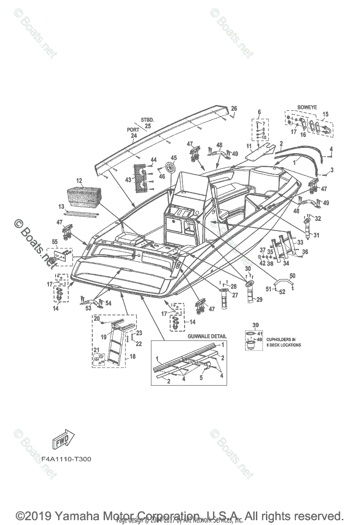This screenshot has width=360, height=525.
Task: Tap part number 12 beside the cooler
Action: [x=79, y=181]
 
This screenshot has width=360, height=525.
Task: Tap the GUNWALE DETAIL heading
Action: [x=207, y=336]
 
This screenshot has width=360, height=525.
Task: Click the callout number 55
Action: [x=55, y=241]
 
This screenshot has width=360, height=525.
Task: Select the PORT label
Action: [x=133, y=129]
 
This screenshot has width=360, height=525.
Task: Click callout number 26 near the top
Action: [x=234, y=108]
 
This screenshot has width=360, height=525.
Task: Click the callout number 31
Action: [x=316, y=235]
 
